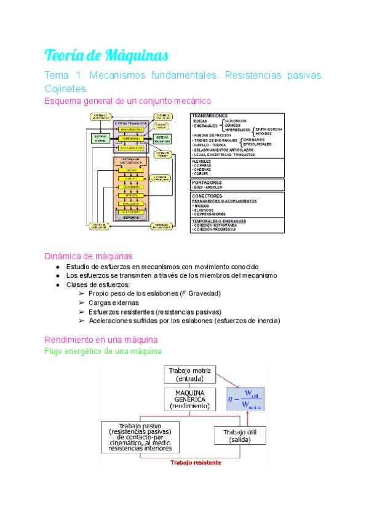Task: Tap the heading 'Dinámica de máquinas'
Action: pos(88,256)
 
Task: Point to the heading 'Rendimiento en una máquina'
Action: pos(101,339)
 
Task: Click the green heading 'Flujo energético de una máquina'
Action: pos(103,351)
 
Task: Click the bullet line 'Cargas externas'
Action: pos(113,302)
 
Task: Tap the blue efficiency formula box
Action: pos(245,399)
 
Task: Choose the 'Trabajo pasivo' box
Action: pos(141,437)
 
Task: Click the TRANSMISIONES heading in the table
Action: pos(210,116)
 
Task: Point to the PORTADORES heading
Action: pos(207,182)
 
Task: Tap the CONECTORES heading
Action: pos(208,196)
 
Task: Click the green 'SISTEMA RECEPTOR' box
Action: pos(163,139)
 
